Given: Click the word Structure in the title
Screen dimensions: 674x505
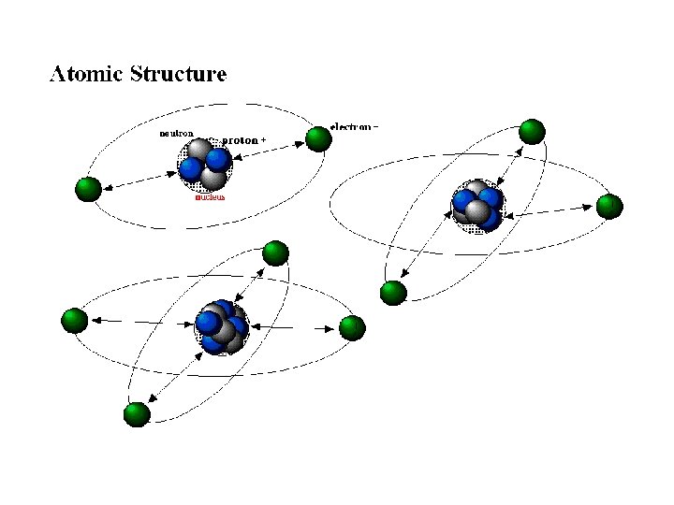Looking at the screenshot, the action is [177, 74].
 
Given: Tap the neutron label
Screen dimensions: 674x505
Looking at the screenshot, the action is [176, 134].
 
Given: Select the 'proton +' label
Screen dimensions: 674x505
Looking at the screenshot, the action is [242, 140].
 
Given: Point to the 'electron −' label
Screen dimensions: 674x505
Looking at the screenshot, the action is [355, 126].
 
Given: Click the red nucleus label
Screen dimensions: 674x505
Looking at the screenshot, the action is [209, 197].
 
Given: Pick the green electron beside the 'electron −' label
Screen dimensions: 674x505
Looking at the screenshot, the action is [318, 140].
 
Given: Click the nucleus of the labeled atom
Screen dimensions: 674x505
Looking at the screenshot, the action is [205, 165].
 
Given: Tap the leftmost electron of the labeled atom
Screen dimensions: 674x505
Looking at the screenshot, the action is [88, 189].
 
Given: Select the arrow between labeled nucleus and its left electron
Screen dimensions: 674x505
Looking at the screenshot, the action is [140, 179].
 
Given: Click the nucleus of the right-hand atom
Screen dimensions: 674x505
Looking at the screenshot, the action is [477, 206].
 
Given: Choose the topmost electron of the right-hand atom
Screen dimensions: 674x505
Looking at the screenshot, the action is [532, 132].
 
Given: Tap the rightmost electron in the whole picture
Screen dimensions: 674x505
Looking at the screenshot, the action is [609, 206].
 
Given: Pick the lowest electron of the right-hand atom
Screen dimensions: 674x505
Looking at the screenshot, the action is [393, 293].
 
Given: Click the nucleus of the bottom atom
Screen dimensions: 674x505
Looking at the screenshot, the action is [222, 327].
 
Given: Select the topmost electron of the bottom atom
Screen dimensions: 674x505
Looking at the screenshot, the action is [275, 252].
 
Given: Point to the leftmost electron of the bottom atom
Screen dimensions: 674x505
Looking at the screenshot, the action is [74, 321].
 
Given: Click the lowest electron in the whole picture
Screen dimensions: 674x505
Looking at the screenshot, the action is [138, 414].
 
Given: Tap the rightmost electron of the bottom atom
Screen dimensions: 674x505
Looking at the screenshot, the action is [351, 328].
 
